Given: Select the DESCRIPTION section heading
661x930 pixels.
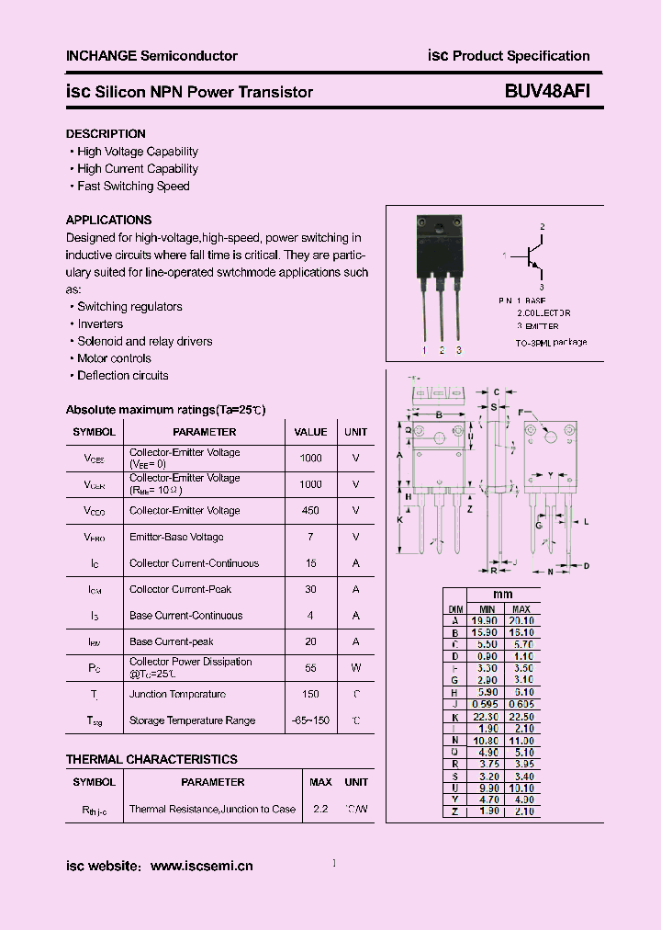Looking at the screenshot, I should [106, 134].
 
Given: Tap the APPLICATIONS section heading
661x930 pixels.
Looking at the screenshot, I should [108, 221].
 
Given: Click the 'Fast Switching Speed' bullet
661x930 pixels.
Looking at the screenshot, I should [133, 187].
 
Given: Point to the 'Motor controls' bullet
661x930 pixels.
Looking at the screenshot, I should [114, 358].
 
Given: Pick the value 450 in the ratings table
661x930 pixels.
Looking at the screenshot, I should [310, 511].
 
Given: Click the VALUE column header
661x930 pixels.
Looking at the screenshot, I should [310, 432].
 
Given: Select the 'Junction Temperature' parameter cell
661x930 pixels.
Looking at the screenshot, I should [177, 695].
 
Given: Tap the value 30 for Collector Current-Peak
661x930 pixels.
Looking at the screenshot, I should [310, 590].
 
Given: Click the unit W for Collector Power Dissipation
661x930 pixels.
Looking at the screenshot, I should [355, 668].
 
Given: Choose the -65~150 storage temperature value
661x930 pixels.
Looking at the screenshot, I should [310, 721].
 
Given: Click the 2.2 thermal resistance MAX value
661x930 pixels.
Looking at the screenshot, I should [320, 810].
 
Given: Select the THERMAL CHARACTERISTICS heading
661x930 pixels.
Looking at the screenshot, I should [151, 760].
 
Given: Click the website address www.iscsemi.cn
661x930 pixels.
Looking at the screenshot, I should [201, 867].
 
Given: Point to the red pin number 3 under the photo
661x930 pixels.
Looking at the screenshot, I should [458, 351].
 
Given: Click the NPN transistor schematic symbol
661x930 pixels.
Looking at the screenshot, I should [530, 256].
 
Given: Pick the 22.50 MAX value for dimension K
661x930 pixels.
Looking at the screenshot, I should [521, 717].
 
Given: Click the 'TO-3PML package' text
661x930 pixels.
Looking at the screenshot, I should [551, 343].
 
